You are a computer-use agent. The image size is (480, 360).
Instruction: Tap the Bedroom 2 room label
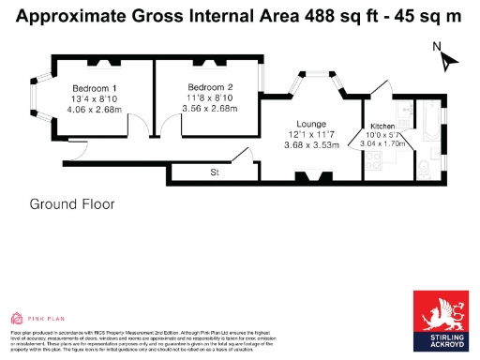pos(197,87)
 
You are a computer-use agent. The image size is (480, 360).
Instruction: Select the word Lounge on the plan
pos(309,123)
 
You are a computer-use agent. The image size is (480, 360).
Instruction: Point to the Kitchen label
pos(382,126)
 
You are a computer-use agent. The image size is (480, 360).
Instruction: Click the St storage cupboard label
pos(215,172)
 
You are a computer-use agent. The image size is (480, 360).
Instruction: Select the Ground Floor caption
pos(72,203)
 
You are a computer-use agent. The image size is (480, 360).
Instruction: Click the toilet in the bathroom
pos(424,169)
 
